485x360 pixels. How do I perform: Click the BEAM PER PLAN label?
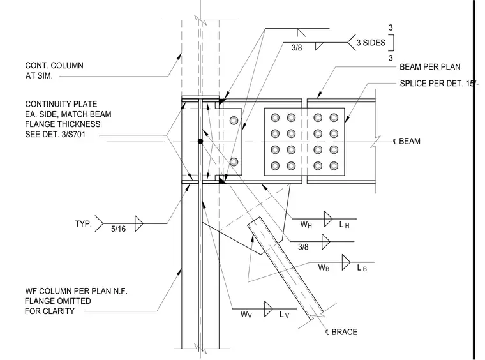(430, 67)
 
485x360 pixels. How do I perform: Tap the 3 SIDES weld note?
(371, 43)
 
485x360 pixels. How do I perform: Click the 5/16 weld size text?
(119, 229)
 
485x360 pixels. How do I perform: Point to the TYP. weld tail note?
(84, 223)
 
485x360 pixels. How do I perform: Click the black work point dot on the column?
(200, 141)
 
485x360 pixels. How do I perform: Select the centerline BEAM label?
(407, 141)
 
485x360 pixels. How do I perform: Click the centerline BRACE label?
(341, 332)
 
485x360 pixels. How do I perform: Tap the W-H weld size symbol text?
(306, 224)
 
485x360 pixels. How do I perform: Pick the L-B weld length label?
(362, 268)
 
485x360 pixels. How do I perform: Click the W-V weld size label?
(246, 315)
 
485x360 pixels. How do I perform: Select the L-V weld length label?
(284, 315)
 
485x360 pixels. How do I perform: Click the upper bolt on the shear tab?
(234, 120)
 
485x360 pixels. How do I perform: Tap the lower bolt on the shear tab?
(234, 161)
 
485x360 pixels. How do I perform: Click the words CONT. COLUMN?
(54, 66)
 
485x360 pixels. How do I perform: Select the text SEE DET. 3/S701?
(55, 135)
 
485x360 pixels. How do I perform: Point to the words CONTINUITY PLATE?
(61, 104)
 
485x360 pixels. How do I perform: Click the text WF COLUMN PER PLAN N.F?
(76, 291)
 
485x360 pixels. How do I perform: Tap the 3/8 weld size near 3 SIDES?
(297, 48)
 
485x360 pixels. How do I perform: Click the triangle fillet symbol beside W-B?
(345, 262)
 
